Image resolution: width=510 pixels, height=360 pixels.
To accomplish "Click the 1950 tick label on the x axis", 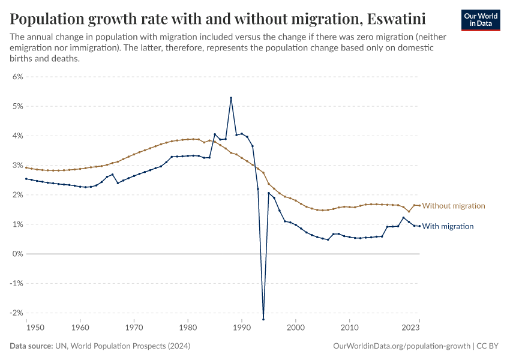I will coord(26,328).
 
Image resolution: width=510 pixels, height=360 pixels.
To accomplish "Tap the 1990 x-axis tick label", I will coord(242,328).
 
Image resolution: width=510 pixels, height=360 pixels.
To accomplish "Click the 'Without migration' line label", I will coord(454,206).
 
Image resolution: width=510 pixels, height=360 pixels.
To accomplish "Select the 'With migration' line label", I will coord(448,226).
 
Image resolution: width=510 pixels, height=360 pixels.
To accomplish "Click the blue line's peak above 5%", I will coord(231,98).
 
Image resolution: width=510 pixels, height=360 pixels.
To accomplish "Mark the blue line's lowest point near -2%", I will coord(263,319).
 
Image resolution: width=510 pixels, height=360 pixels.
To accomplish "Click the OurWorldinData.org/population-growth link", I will coord(401,346).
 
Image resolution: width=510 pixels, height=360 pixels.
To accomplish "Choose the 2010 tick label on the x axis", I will coord(349,328).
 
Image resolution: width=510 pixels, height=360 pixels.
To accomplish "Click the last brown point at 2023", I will coord(419,206).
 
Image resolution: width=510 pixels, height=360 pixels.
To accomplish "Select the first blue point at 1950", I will coord(26,179).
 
